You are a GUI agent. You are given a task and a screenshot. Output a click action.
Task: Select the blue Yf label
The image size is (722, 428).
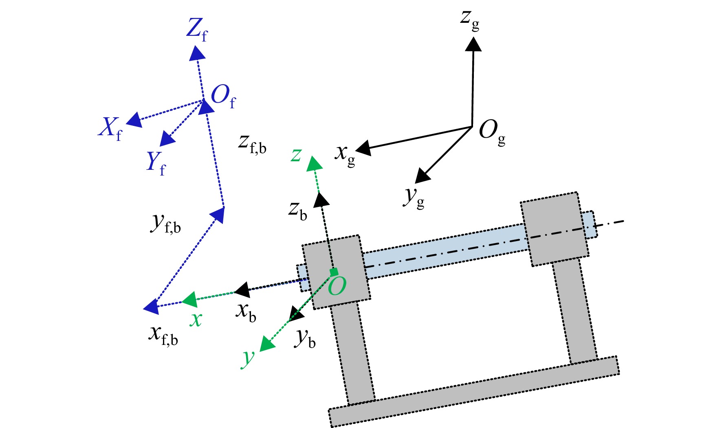tap(156, 163)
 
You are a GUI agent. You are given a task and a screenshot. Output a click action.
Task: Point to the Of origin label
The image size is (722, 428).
tap(223, 97)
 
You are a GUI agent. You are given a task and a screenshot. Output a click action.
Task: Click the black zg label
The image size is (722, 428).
tap(470, 20)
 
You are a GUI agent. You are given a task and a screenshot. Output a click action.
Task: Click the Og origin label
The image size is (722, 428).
tap(492, 132)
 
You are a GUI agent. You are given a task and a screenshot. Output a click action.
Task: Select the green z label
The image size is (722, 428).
tap(296, 155)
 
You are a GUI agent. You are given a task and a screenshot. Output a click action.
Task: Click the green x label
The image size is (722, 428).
tap(196, 319)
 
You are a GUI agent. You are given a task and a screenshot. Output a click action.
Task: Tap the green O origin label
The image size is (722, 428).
tap(337, 286)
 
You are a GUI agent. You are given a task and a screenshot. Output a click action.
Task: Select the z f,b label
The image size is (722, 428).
tap(253, 144)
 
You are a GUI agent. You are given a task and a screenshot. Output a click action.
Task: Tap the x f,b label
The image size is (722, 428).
tap(163, 336)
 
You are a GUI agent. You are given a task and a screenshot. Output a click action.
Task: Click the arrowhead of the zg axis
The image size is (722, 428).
tap(473, 44)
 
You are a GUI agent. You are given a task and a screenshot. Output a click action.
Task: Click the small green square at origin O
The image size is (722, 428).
tap(334, 272)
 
